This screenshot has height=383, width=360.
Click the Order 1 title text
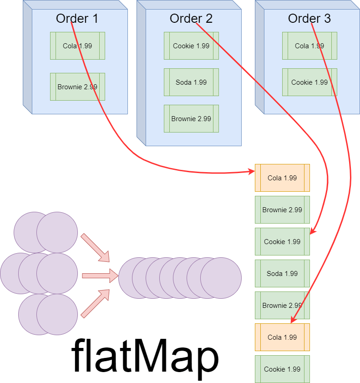(77, 19)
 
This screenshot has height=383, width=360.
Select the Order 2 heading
(191, 19)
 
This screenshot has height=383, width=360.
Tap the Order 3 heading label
(309, 19)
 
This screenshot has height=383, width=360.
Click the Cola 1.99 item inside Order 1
(77, 46)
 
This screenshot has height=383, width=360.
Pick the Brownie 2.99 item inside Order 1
(77, 87)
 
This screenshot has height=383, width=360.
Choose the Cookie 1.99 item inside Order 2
(191, 46)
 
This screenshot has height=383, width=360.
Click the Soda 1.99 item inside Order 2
(191, 82)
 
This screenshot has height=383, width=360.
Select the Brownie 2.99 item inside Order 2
(191, 118)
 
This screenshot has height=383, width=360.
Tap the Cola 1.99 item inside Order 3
(309, 46)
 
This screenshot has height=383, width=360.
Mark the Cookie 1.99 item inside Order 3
(309, 82)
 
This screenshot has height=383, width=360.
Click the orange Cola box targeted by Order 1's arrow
(282, 178)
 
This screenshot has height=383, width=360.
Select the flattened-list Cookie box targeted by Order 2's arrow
(282, 241)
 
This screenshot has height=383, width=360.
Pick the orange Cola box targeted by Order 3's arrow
(282, 337)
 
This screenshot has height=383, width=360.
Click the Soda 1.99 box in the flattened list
(282, 273)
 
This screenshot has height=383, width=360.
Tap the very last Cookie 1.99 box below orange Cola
(282, 369)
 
